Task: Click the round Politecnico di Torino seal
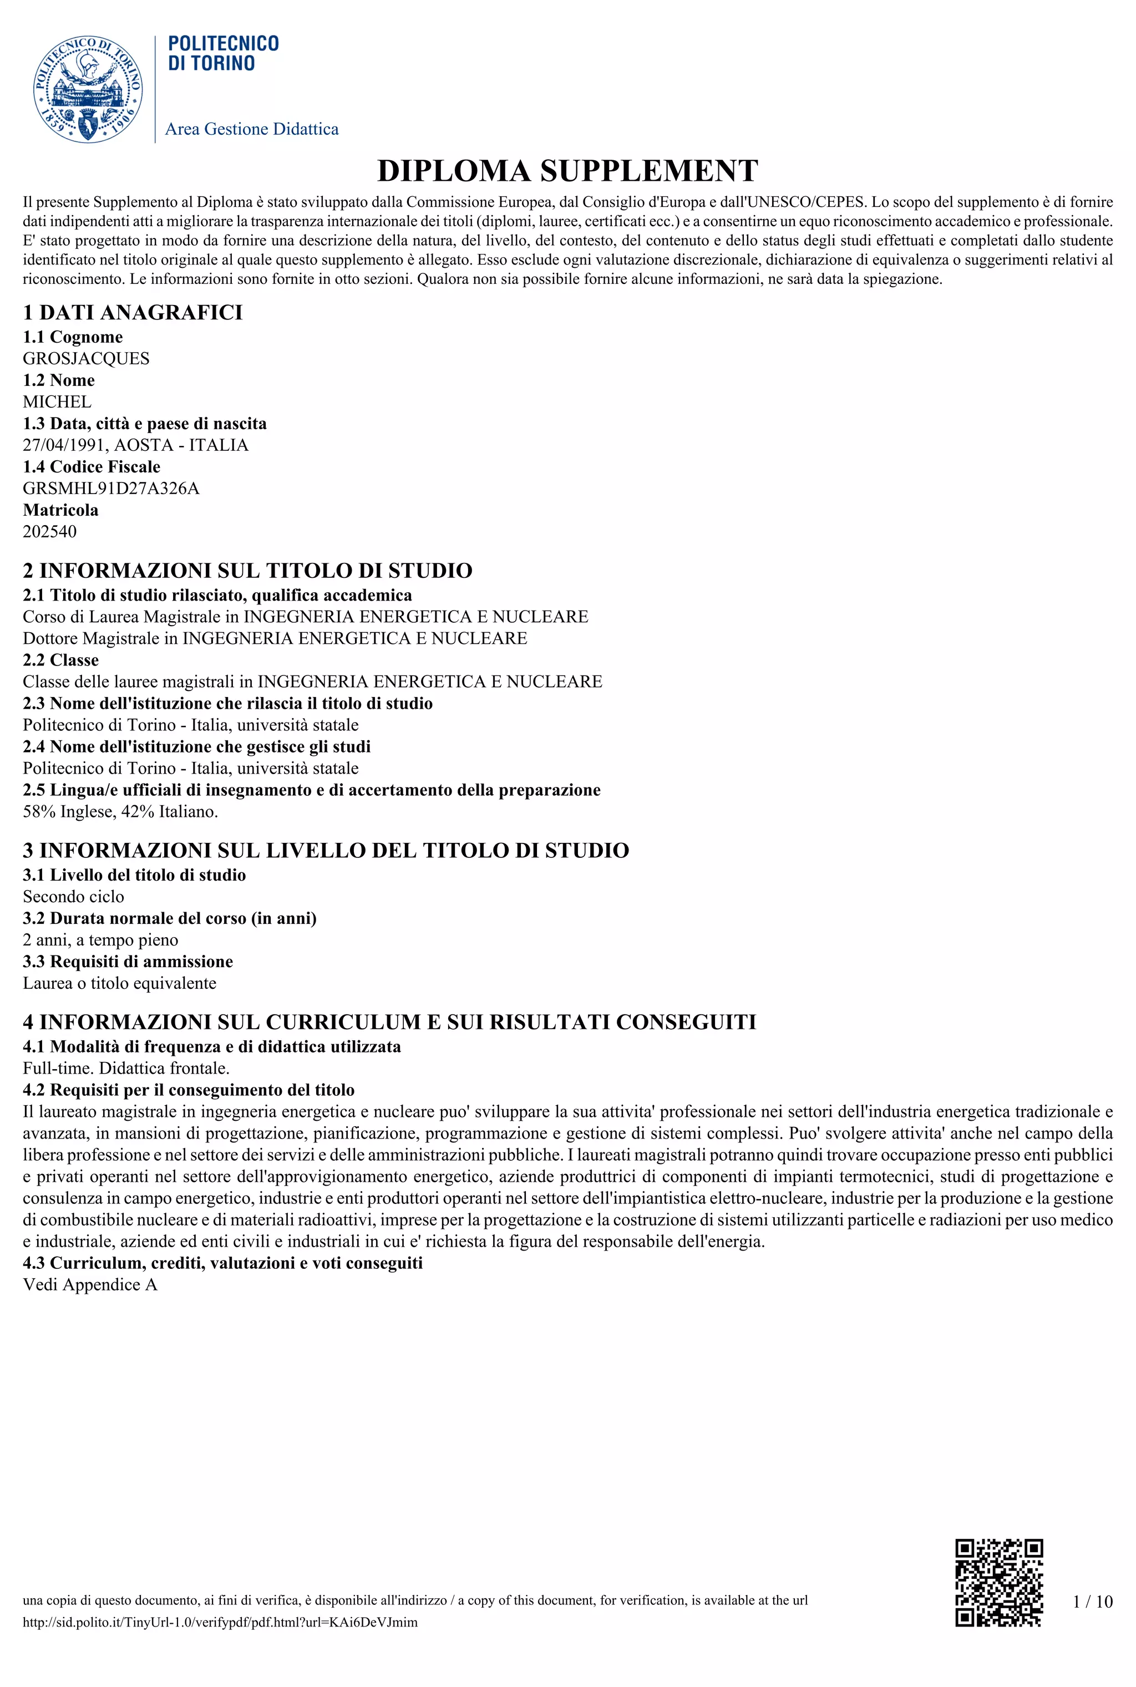(x=88, y=88)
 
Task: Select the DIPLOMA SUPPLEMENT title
(x=567, y=171)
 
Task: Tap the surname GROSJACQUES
(x=86, y=359)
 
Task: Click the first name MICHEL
(x=57, y=402)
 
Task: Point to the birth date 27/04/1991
(x=64, y=445)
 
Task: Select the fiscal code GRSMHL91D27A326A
(x=111, y=488)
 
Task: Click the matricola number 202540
(x=49, y=532)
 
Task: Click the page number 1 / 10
(x=1092, y=1601)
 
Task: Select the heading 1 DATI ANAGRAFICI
(x=133, y=313)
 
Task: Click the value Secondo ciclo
(x=73, y=897)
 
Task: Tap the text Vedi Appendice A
(x=90, y=1284)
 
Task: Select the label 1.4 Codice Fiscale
(x=92, y=466)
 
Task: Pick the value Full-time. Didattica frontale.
(x=126, y=1069)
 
